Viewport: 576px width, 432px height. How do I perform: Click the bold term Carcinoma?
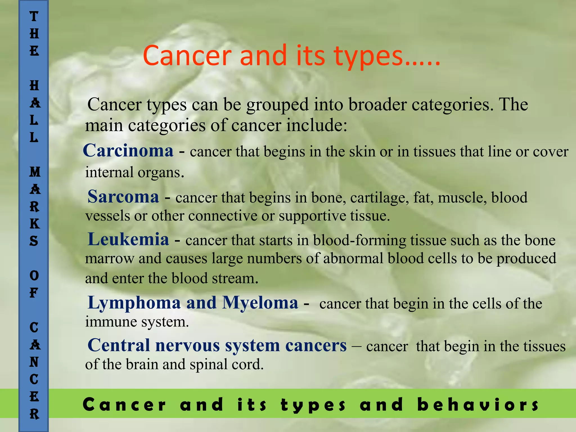[x=128, y=150]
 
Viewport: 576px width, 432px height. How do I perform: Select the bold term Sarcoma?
[x=123, y=197]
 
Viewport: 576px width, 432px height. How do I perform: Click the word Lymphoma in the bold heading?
[x=134, y=303]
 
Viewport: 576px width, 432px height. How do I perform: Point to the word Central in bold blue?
[x=118, y=345]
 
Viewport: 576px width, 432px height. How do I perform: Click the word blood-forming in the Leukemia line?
[x=359, y=240]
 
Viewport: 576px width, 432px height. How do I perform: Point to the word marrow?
[x=109, y=259]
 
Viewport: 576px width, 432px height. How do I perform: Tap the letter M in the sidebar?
[x=35, y=172]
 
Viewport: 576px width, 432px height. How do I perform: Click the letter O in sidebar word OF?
[x=34, y=276]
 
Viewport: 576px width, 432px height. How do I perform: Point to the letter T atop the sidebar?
[x=34, y=16]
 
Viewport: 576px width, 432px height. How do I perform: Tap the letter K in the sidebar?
[x=34, y=224]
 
